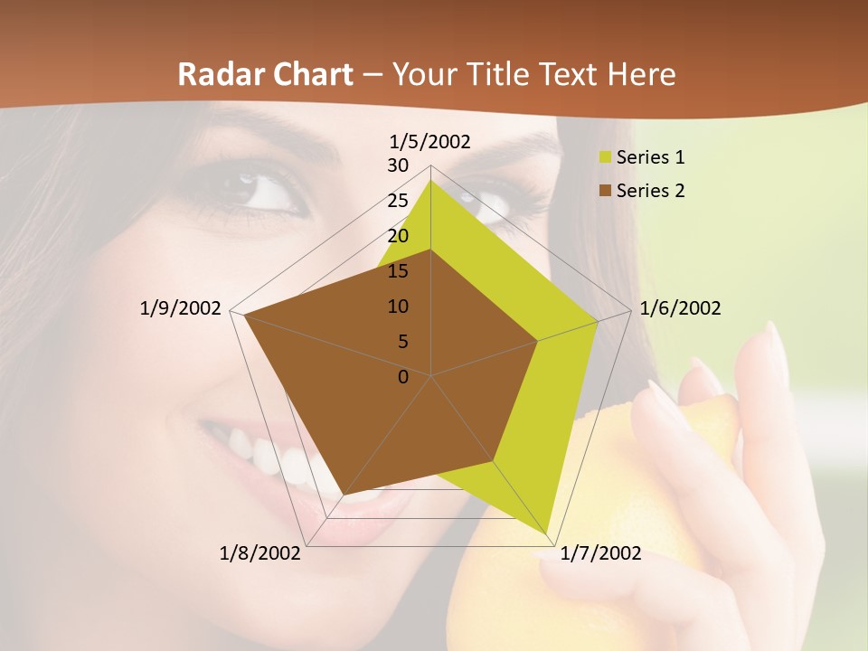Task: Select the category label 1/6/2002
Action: tap(680, 308)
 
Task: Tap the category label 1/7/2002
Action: tap(600, 553)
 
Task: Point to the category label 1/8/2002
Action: tap(260, 553)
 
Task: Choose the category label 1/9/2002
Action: tap(181, 308)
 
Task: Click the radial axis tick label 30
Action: tap(398, 165)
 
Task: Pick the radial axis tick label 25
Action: tap(398, 201)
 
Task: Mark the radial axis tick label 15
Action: tap(398, 271)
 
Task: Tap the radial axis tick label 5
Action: tap(403, 342)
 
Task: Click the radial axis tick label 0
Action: tap(403, 377)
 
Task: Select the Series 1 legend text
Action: tap(650, 157)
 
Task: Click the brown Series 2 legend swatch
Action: tap(605, 191)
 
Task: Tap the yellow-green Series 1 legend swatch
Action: tap(605, 157)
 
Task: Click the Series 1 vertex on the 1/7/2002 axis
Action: tap(547, 533)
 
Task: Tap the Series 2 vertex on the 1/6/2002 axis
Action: tap(537, 341)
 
